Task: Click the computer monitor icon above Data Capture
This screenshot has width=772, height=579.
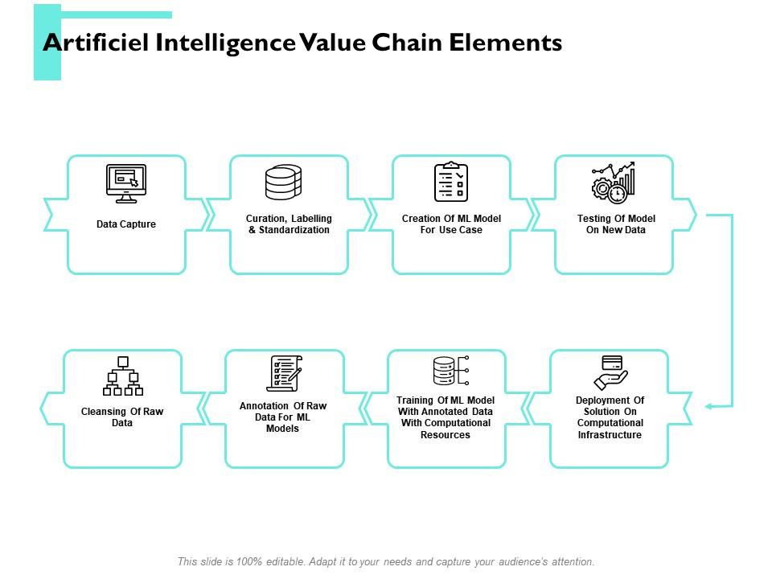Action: [x=126, y=183]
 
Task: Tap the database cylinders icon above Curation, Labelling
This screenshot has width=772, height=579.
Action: [x=284, y=183]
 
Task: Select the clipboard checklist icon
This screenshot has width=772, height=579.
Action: [x=451, y=182]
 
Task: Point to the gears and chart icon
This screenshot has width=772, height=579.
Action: [x=614, y=183]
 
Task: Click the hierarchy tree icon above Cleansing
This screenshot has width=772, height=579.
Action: [x=123, y=376]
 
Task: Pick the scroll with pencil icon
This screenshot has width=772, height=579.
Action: [x=285, y=374]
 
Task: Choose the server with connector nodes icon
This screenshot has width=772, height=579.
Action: [x=451, y=371]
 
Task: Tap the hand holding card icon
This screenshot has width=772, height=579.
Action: [x=610, y=372]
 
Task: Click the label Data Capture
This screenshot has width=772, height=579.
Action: [x=126, y=224]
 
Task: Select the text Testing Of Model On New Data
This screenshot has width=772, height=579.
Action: [x=616, y=224]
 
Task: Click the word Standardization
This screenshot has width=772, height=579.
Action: [x=294, y=230]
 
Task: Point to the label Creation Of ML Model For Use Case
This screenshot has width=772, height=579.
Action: [x=451, y=224]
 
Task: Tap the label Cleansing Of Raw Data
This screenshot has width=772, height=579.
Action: [x=122, y=417]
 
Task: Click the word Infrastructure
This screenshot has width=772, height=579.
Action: [x=610, y=435]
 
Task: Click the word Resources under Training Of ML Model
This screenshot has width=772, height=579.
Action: [x=445, y=435]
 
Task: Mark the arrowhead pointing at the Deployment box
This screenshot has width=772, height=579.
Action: [x=708, y=406]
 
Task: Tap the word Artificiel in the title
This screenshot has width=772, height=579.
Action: [x=96, y=43]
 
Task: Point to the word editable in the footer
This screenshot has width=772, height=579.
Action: [x=285, y=561]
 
